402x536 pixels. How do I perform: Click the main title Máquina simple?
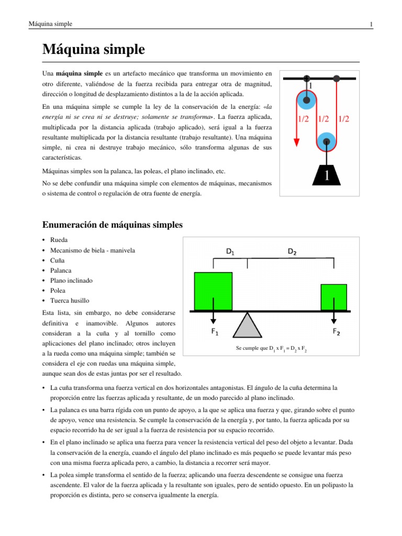[93, 50]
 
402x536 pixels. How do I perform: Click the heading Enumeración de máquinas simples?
[112, 225]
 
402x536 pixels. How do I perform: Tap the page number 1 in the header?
[371, 24]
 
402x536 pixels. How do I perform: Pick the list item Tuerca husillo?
[70, 300]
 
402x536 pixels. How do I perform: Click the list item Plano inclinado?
[71, 281]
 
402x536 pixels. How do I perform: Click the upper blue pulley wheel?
[307, 99]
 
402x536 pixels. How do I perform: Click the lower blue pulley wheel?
[327, 141]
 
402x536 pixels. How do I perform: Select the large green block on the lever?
[213, 291]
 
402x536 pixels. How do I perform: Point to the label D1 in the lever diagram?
[230, 251]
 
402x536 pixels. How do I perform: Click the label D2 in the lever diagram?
[292, 251]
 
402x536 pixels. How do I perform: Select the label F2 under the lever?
[337, 332]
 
